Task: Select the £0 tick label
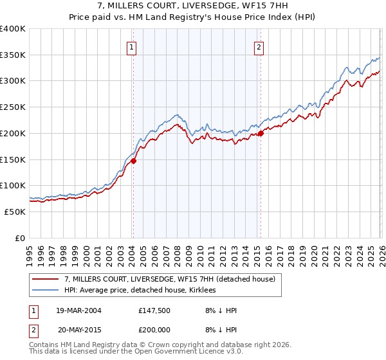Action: (x=20, y=238)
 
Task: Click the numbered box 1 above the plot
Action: (x=131, y=46)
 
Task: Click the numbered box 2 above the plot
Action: (x=259, y=46)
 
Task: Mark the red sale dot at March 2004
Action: (x=134, y=161)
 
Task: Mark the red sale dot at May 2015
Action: (x=261, y=134)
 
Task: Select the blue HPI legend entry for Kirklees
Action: (x=140, y=291)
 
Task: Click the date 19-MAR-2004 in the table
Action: (x=78, y=310)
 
